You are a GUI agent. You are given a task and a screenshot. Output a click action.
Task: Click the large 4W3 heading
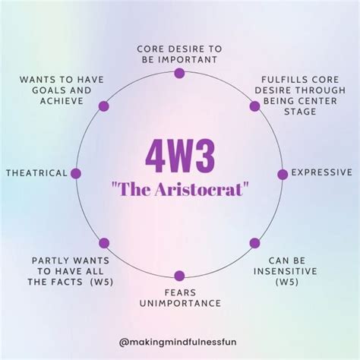pyautogui.click(x=180, y=157)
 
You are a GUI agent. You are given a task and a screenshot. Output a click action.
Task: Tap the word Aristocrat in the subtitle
pyautogui.click(x=199, y=189)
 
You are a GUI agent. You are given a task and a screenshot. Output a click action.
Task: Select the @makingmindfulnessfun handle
pyautogui.click(x=178, y=343)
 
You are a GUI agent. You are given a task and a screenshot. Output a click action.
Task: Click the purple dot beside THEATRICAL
pyautogui.click(x=76, y=173)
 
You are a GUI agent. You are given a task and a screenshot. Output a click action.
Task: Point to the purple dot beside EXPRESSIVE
pyautogui.click(x=283, y=175)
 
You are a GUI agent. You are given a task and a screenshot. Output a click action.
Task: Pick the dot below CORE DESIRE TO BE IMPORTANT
pyautogui.click(x=179, y=73)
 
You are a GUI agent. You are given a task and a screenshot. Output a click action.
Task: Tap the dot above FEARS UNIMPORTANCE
pyautogui.click(x=179, y=276)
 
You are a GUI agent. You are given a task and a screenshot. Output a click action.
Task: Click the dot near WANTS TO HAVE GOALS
pyautogui.click(x=104, y=106)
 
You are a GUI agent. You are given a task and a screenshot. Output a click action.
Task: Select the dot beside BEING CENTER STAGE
pyautogui.click(x=254, y=106)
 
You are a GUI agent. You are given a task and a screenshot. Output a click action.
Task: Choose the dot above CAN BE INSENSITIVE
pyautogui.click(x=254, y=243)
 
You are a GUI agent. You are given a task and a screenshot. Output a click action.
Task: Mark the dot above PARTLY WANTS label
pyautogui.click(x=104, y=243)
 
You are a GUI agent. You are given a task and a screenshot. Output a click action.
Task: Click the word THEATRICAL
pyautogui.click(x=36, y=173)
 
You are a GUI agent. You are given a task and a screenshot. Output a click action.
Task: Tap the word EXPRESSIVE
pyautogui.click(x=322, y=172)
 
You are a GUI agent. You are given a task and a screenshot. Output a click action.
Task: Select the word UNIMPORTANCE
pyautogui.click(x=180, y=303)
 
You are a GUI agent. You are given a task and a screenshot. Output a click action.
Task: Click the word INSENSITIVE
pyautogui.click(x=286, y=271)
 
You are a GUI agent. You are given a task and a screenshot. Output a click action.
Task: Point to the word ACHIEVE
pyautogui.click(x=62, y=101)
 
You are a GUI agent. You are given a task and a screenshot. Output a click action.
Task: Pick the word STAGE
pyautogui.click(x=300, y=112)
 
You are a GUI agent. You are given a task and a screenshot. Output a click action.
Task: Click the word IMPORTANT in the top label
pyautogui.click(x=188, y=60)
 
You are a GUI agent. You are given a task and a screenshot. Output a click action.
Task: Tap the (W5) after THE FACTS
pyautogui.click(x=102, y=282)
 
